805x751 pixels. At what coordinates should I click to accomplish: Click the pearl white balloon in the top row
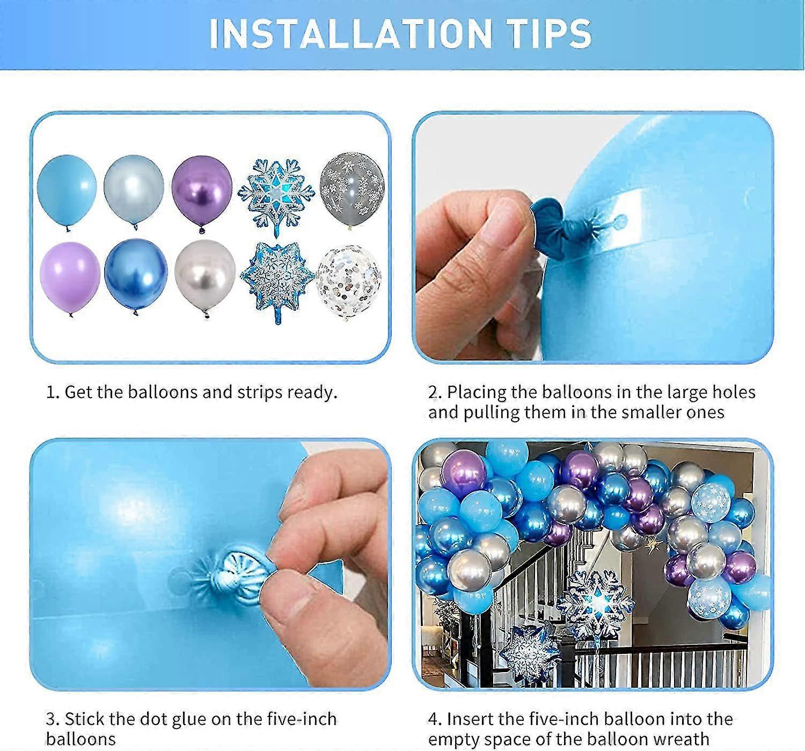(x=134, y=188)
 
